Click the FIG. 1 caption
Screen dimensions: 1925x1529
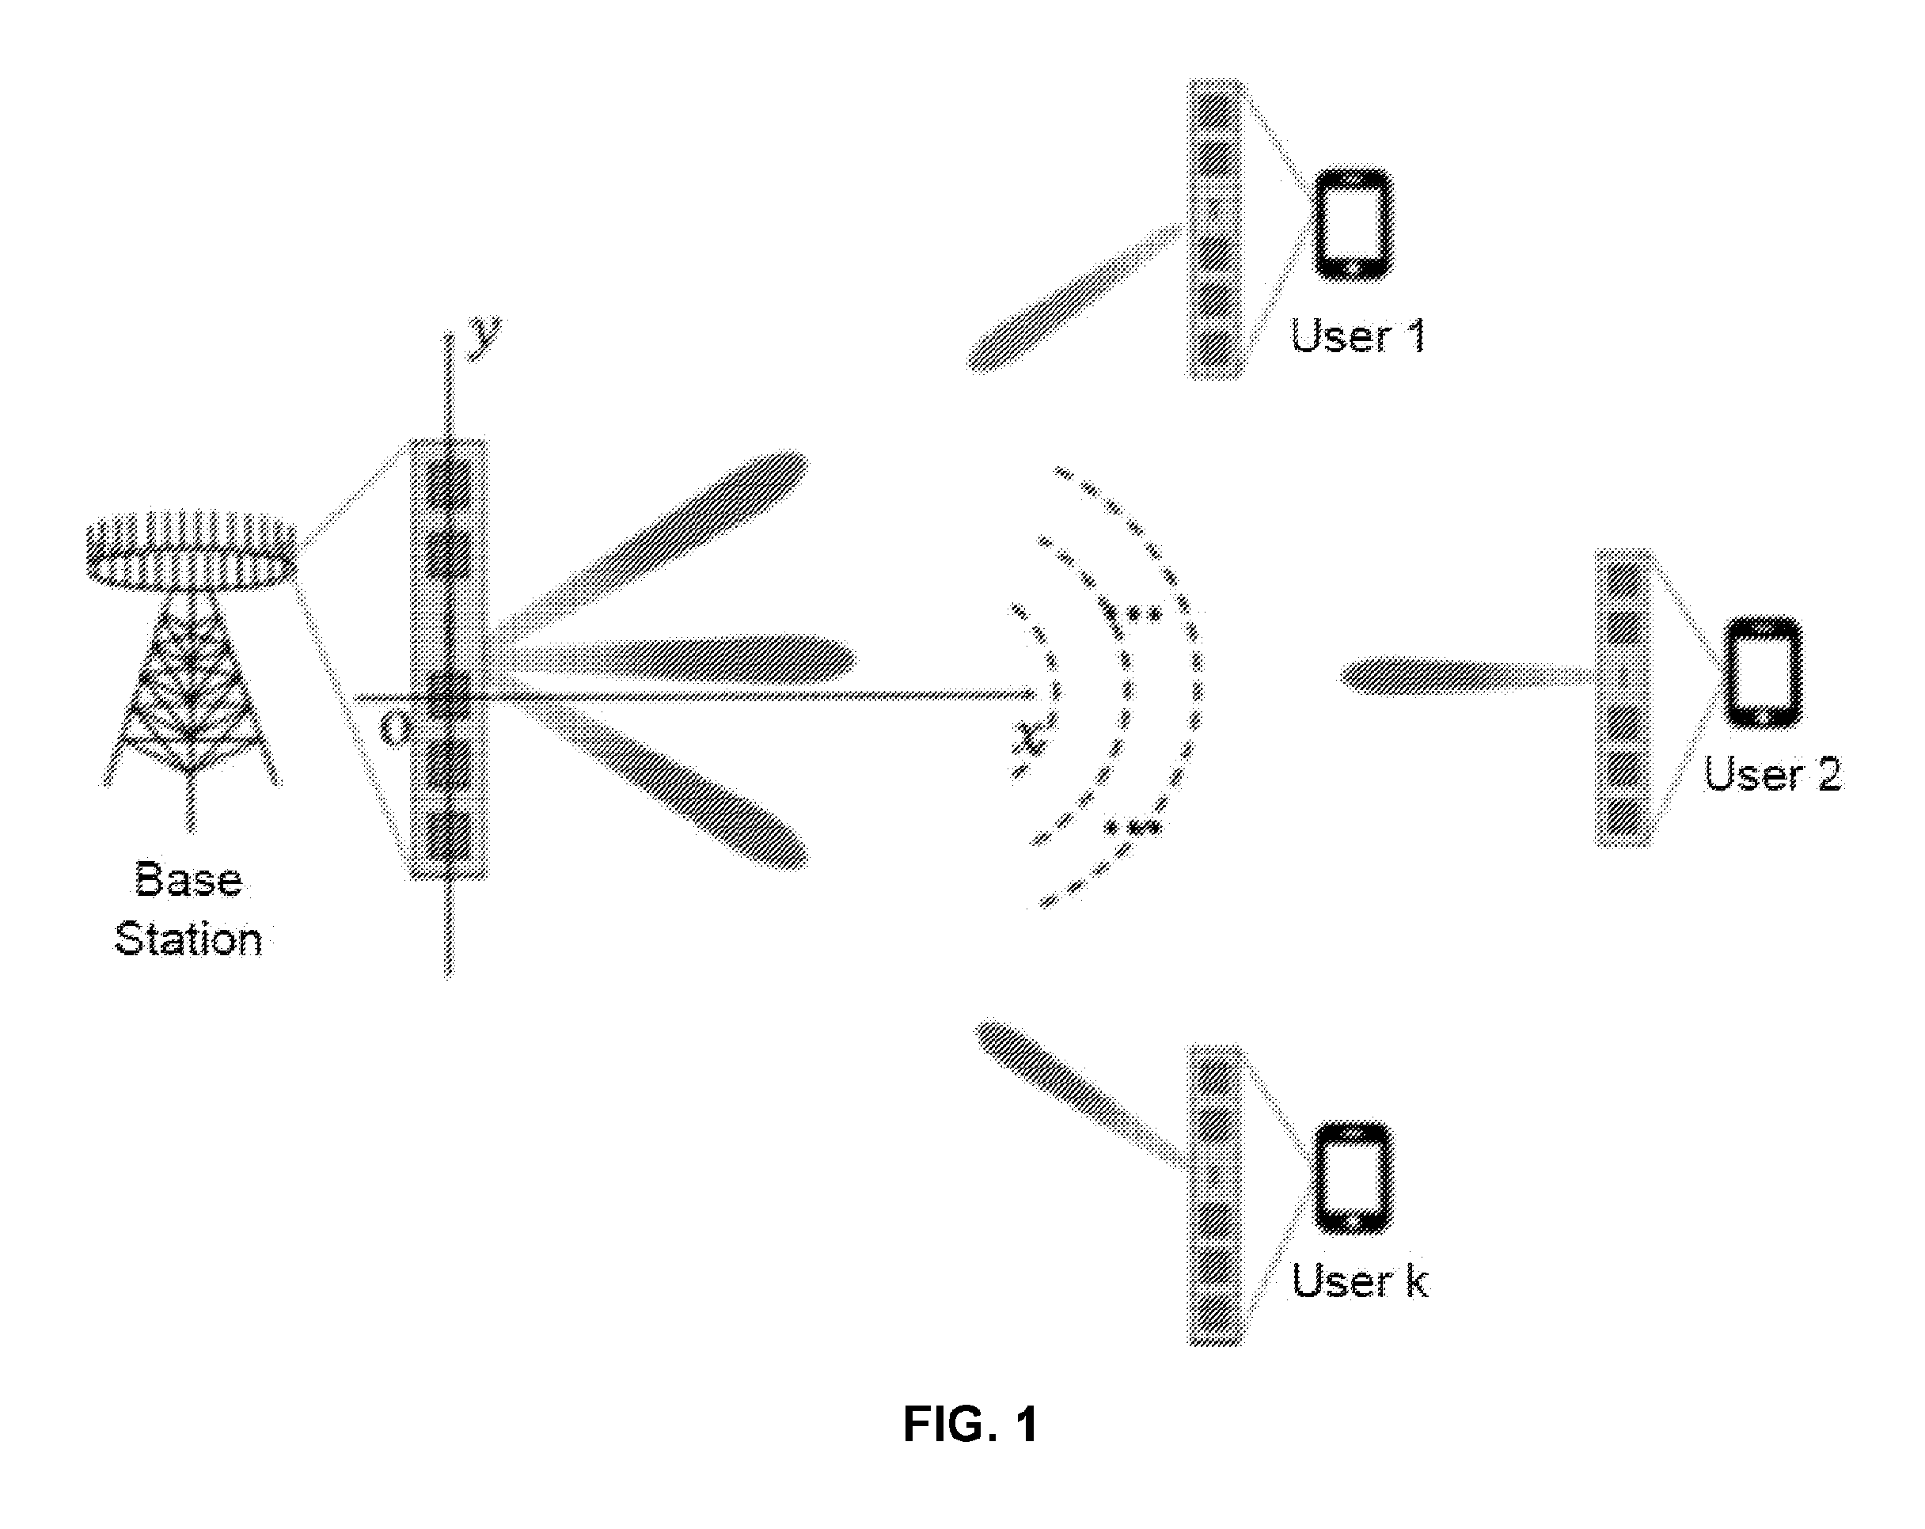pos(970,1424)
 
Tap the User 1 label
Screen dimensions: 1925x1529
pos(1358,336)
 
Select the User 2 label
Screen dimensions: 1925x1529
pos(1772,773)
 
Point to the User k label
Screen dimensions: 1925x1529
pos(1360,1280)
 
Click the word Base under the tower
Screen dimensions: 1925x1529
pos(188,879)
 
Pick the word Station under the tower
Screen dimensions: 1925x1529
pos(188,939)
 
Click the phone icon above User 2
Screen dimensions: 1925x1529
pos(1763,671)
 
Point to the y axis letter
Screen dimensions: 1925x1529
pos(486,337)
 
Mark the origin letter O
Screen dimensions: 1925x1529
pos(393,729)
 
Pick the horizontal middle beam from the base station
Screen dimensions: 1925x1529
pos(678,658)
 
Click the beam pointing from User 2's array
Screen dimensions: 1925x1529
pos(1469,676)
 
